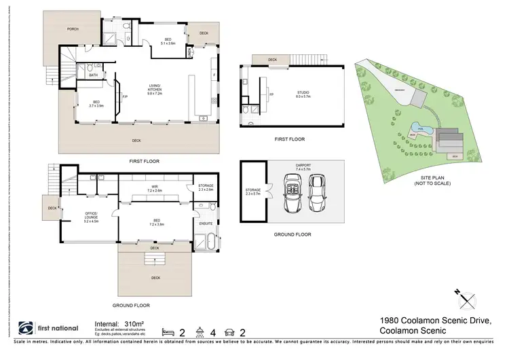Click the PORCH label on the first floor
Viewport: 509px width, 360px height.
(x=73, y=30)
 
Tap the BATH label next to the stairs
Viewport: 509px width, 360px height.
(x=93, y=75)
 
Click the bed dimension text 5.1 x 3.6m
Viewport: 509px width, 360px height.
(x=168, y=43)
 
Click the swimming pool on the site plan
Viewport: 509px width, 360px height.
(x=417, y=127)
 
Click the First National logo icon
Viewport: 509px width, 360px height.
(x=27, y=327)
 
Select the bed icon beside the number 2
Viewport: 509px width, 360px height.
(x=163, y=332)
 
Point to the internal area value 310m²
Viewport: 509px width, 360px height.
(x=128, y=325)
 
